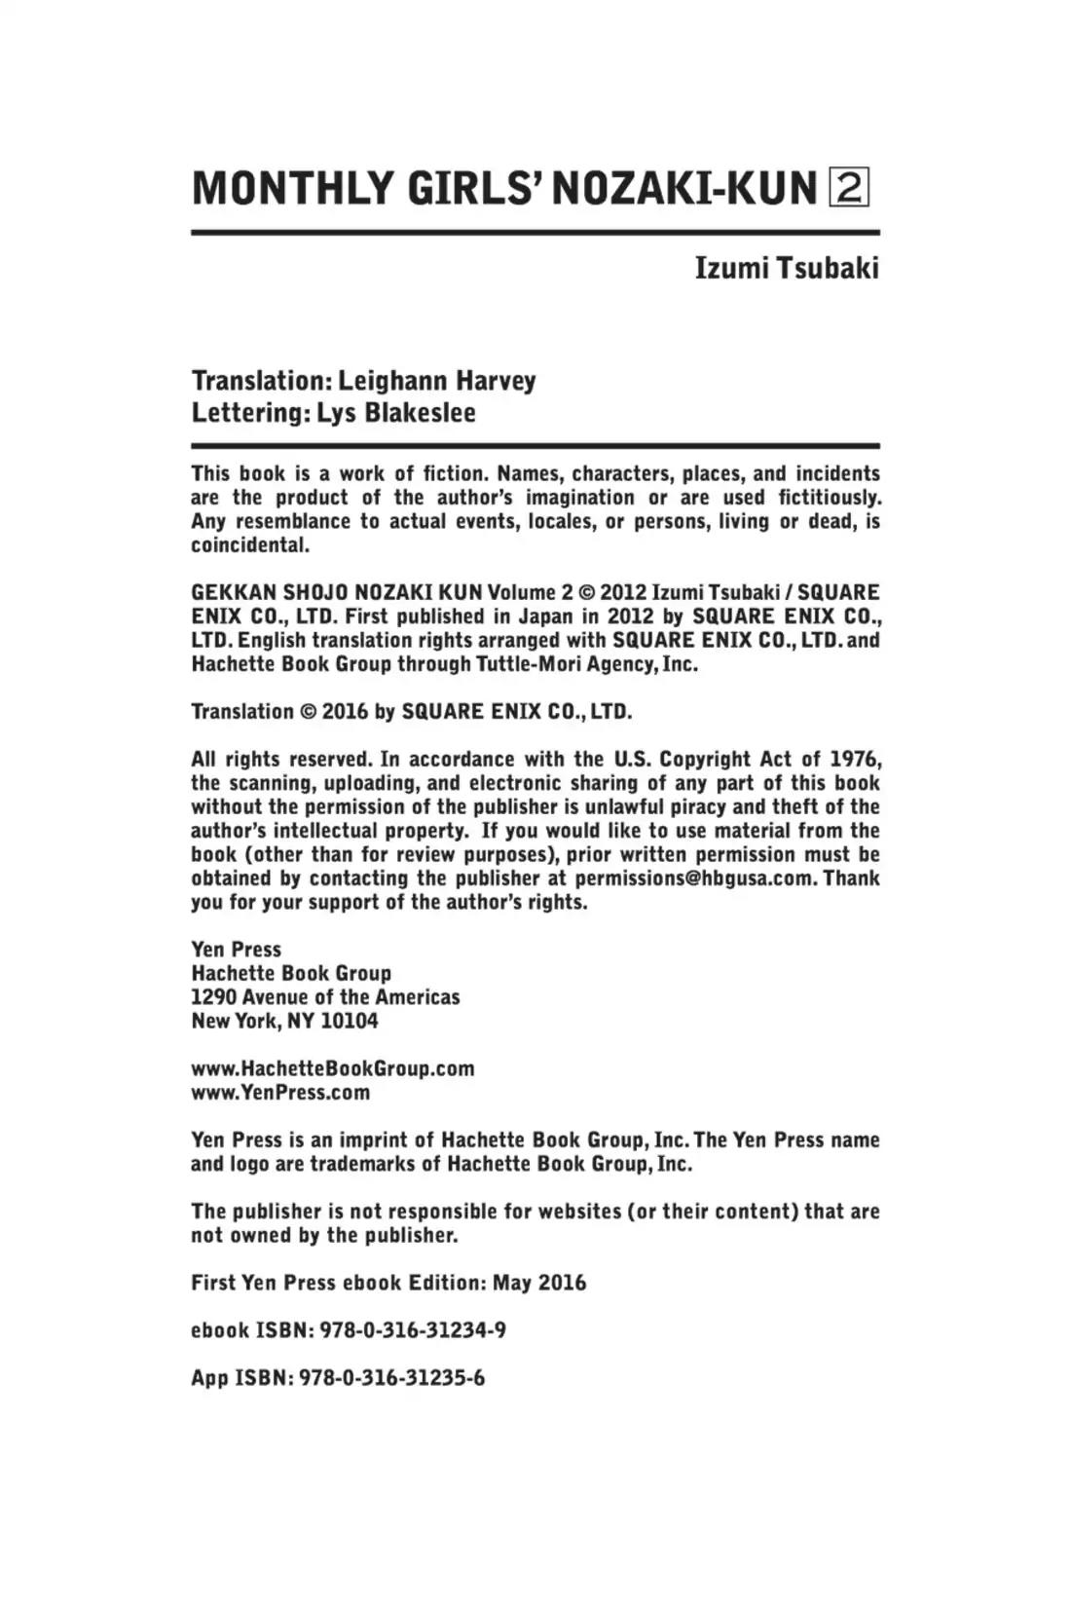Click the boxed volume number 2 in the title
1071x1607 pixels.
(x=848, y=187)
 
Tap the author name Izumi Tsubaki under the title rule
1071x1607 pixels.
(x=786, y=268)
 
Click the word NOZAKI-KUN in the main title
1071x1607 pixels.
(x=683, y=188)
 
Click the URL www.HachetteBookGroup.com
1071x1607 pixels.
(x=332, y=1068)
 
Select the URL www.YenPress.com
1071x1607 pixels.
(x=280, y=1093)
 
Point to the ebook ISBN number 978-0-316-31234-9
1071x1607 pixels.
(x=413, y=1330)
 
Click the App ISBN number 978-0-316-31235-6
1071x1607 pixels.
(x=391, y=1378)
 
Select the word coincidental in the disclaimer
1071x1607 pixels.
(x=249, y=545)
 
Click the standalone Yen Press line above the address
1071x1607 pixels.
(x=236, y=950)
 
